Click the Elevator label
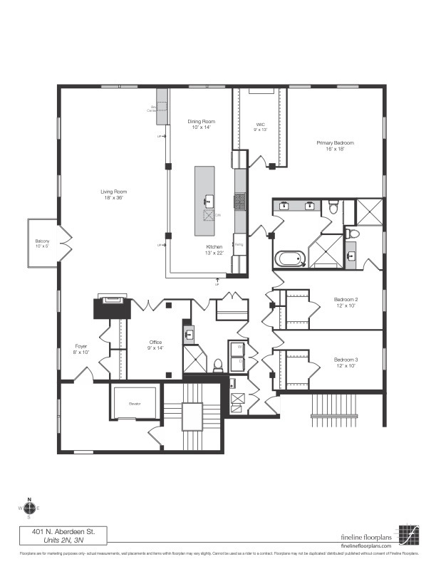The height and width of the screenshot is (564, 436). (136, 404)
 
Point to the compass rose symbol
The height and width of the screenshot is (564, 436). (29, 508)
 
